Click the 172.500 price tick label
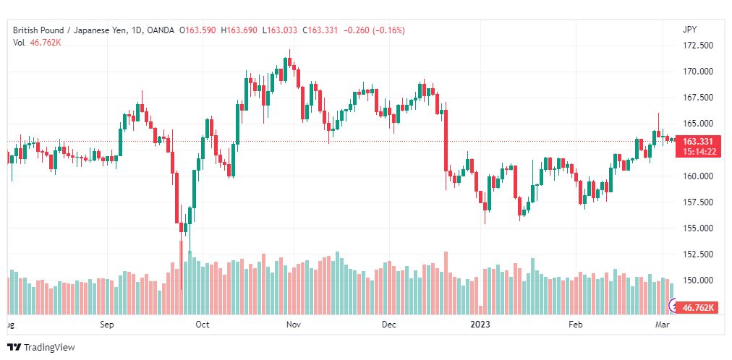click(699, 46)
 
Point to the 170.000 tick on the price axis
click(699, 72)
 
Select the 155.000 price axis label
click(699, 228)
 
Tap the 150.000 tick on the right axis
click(699, 280)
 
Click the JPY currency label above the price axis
click(689, 30)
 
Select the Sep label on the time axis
click(107, 325)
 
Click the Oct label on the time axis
click(203, 325)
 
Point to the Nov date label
click(293, 325)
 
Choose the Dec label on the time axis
click(389, 325)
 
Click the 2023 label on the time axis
click(480, 325)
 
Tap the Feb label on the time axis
click(575, 325)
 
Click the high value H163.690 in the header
click(241, 30)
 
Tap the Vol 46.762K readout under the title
click(37, 43)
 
